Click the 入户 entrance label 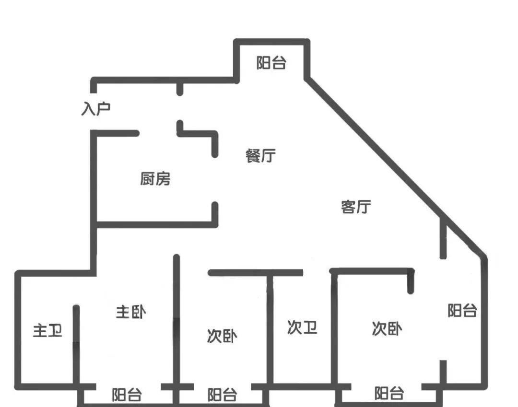(x=96, y=109)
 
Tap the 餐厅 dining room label (x=260, y=156)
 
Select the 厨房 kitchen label (x=155, y=179)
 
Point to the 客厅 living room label (x=356, y=207)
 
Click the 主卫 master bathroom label (x=47, y=330)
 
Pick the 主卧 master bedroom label (x=130, y=312)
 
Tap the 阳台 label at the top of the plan (x=271, y=63)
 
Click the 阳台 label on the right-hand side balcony (x=462, y=311)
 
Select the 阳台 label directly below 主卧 (x=127, y=395)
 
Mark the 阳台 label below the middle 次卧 (x=222, y=395)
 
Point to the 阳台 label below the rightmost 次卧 (x=389, y=394)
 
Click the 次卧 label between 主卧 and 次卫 (x=222, y=337)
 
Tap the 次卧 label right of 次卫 (x=387, y=329)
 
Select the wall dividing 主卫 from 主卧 (x=76, y=345)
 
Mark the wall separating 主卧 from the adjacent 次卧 (x=177, y=321)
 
